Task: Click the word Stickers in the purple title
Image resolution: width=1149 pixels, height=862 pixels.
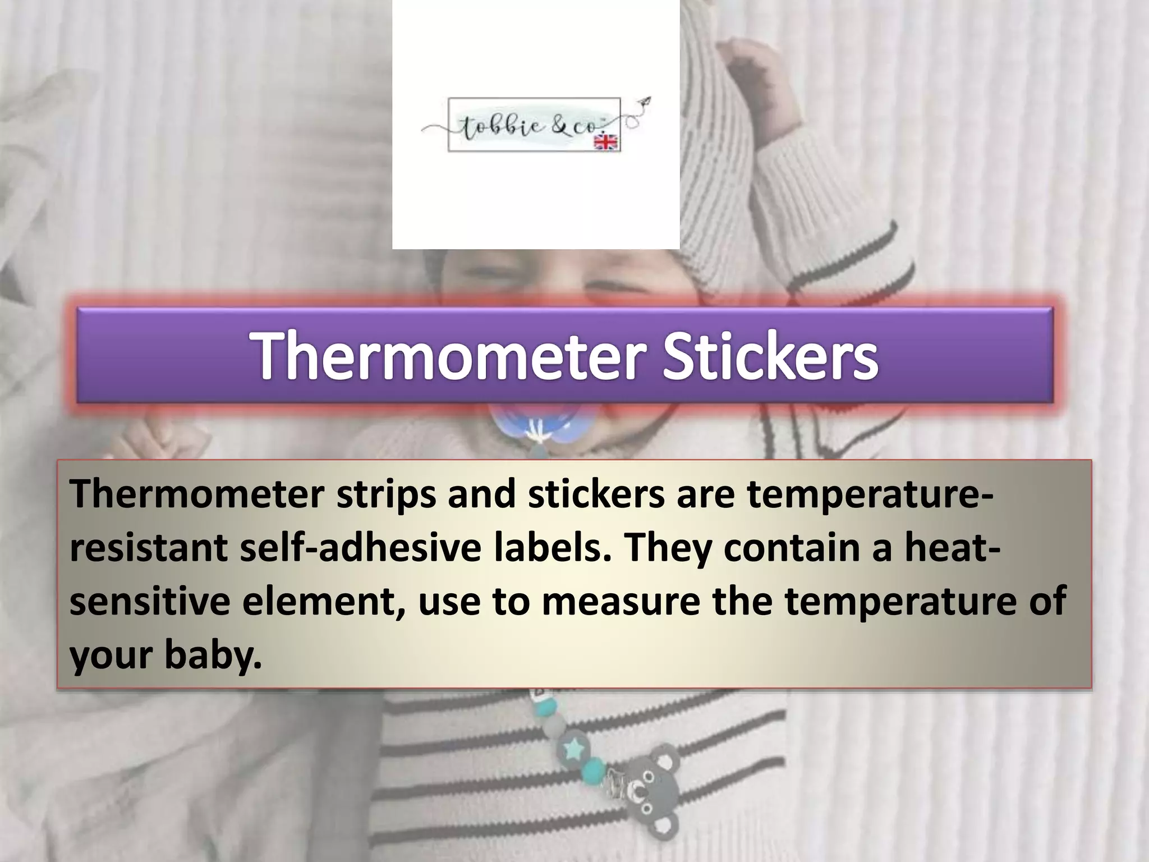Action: click(x=770, y=355)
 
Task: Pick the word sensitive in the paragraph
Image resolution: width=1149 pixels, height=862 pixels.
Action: click(x=150, y=601)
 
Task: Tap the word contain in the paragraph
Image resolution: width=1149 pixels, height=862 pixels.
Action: click(x=791, y=548)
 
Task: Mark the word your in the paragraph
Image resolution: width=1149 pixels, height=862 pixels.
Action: click(x=111, y=655)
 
